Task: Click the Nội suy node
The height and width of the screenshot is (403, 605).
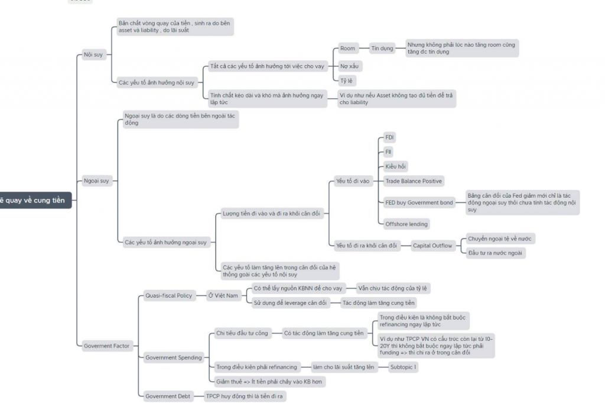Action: click(93, 55)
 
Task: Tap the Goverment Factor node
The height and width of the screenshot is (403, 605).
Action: click(106, 346)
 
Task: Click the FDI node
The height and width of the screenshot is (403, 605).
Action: click(389, 137)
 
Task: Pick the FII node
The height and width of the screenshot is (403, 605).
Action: click(388, 151)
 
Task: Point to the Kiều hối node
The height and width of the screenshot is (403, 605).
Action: click(395, 166)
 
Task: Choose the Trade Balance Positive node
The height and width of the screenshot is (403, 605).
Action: click(414, 180)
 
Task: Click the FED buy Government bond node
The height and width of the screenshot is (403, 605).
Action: click(419, 202)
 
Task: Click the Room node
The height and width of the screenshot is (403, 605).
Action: click(347, 49)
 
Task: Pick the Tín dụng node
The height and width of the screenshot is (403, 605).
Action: click(382, 49)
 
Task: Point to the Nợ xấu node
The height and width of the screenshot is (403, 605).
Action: click(350, 66)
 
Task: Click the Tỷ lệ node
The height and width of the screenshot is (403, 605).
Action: click(347, 80)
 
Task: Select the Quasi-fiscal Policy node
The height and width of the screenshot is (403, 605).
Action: click(168, 295)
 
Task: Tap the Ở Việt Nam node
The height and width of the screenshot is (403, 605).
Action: click(223, 295)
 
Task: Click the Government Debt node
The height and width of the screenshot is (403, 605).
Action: click(168, 396)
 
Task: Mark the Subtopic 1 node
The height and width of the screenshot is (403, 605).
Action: click(404, 367)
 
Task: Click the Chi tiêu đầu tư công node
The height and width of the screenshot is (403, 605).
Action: click(242, 333)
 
